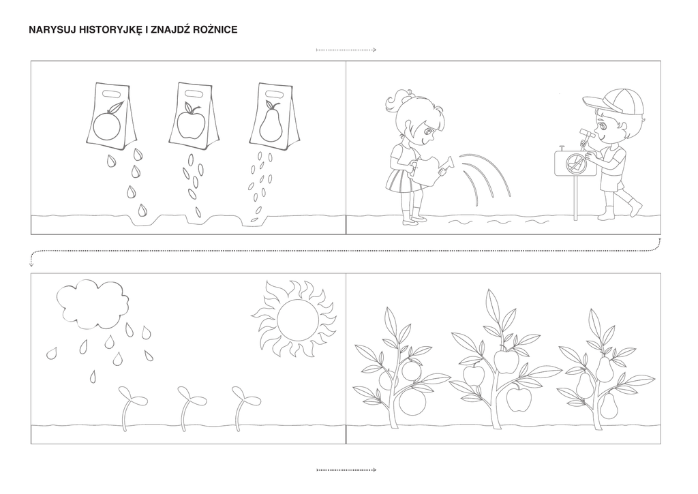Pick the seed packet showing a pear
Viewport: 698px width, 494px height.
273,115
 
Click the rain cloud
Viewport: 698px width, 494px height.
91,305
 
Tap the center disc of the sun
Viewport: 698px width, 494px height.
298,320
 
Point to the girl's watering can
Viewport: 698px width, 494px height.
431,168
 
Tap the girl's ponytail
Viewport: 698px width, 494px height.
396,102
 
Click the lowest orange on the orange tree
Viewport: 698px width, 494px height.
412,402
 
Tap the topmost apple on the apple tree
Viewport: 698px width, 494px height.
505,361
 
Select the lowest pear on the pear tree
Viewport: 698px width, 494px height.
609,407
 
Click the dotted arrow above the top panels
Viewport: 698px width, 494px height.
346,50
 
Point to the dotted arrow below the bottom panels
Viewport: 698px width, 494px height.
346,469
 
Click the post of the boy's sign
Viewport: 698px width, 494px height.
575,198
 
